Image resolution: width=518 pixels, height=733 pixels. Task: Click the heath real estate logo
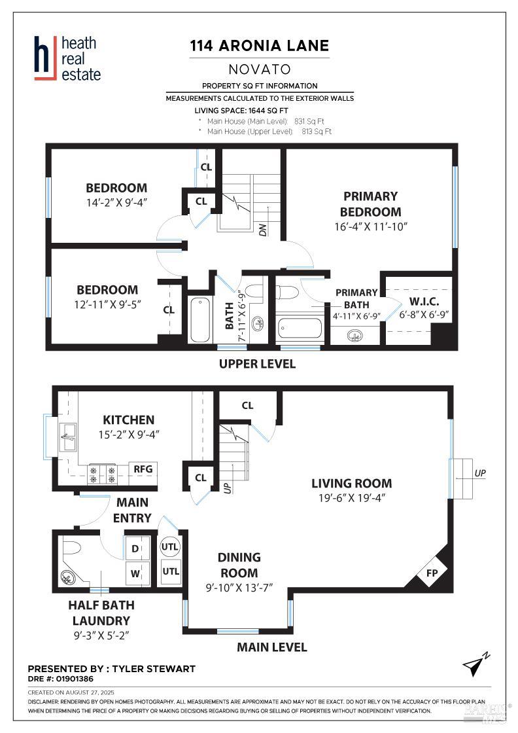(x=67, y=58)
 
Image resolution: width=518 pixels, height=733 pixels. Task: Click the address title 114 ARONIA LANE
(x=259, y=46)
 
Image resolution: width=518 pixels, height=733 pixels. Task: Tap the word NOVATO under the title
(x=260, y=69)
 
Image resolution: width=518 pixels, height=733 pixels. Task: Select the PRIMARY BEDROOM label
(x=370, y=204)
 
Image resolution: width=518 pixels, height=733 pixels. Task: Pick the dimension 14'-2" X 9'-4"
(x=116, y=202)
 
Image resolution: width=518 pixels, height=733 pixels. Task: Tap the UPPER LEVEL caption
(x=257, y=364)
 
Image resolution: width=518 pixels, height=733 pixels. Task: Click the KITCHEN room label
(x=129, y=420)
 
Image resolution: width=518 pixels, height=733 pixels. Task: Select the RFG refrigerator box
(x=143, y=469)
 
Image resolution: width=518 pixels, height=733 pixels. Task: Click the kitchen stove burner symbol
(x=102, y=474)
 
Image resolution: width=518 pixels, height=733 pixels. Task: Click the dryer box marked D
(x=135, y=548)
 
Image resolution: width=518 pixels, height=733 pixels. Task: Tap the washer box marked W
(x=135, y=573)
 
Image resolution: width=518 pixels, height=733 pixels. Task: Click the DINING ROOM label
(x=239, y=565)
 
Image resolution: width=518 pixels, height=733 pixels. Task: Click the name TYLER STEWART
(x=154, y=669)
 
